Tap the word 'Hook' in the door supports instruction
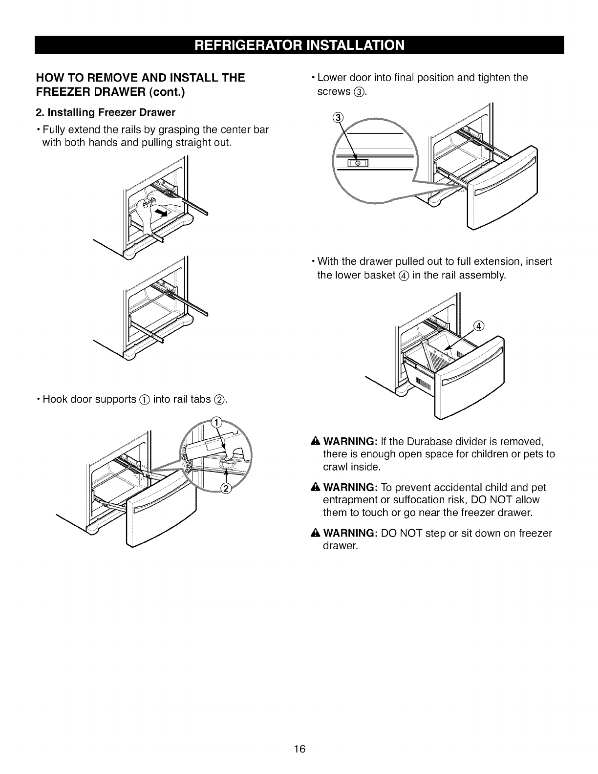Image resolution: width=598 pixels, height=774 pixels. click(x=55, y=399)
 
